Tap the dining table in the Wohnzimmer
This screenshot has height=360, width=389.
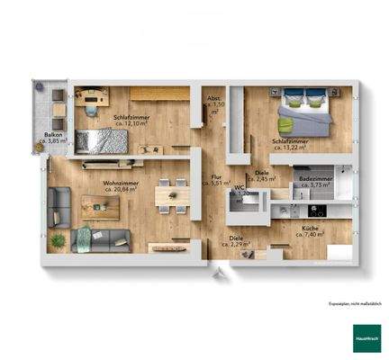point(171,196)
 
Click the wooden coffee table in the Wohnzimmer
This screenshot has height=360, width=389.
point(101,207)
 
